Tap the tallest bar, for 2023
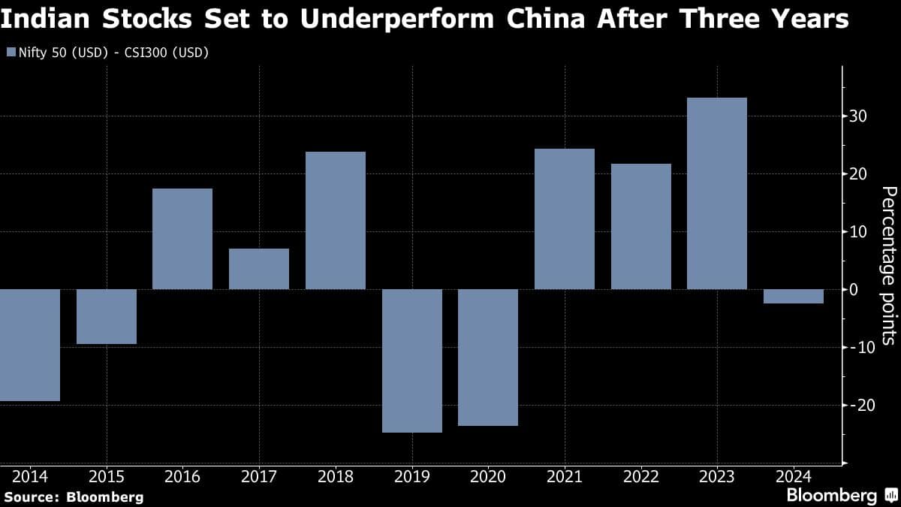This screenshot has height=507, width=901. coord(717,193)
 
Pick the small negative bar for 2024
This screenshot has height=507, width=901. coord(793,296)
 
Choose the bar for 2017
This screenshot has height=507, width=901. coord(259,269)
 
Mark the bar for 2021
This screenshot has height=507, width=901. coord(565,219)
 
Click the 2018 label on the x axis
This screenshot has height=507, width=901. coord(335,476)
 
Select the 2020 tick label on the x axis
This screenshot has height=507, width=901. coord(488,476)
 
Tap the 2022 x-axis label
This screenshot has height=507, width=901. coord(640,476)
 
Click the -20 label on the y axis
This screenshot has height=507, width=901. coord(857,405)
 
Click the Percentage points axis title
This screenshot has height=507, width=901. coord(887,266)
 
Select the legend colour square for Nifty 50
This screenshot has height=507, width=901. coord(10,53)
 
